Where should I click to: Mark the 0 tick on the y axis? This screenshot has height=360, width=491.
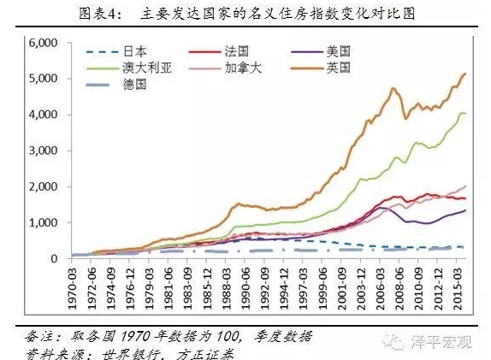(53, 258)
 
